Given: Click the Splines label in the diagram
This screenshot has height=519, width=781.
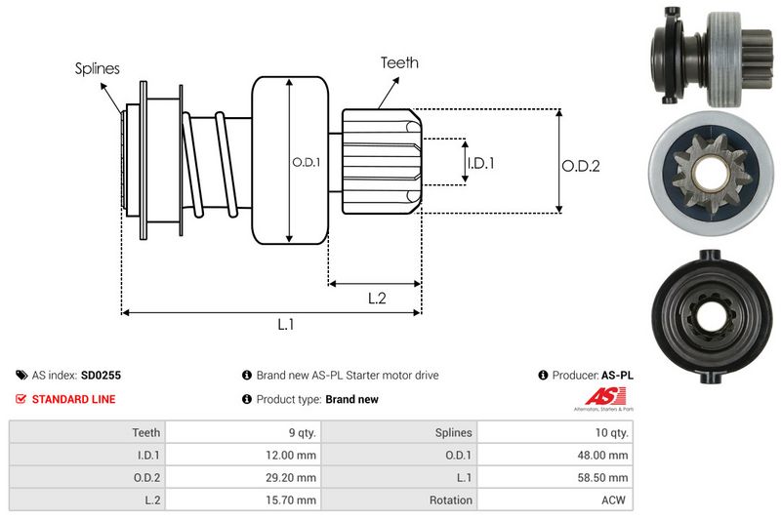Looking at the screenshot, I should point(98,68).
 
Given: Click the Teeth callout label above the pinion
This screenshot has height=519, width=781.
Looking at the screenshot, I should point(398,62).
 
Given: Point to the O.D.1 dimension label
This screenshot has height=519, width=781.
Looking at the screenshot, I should point(306,162).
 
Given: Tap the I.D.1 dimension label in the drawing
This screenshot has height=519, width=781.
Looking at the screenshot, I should point(480,164).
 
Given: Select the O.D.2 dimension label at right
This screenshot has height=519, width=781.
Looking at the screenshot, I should point(580,166).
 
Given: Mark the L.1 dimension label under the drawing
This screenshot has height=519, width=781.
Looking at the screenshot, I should point(285,324).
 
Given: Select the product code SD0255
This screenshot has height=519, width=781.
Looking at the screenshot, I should point(101,375).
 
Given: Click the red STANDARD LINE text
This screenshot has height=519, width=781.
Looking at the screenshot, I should point(73,399).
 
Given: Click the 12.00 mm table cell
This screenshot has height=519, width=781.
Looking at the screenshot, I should point(293,455).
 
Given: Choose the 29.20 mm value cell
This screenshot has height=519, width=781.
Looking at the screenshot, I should point(293,478).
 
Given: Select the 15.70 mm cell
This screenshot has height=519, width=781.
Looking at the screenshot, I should point(293,500).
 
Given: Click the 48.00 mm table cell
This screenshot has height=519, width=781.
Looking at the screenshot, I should point(605,455).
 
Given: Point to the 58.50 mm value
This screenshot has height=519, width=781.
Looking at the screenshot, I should point(605,478).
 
